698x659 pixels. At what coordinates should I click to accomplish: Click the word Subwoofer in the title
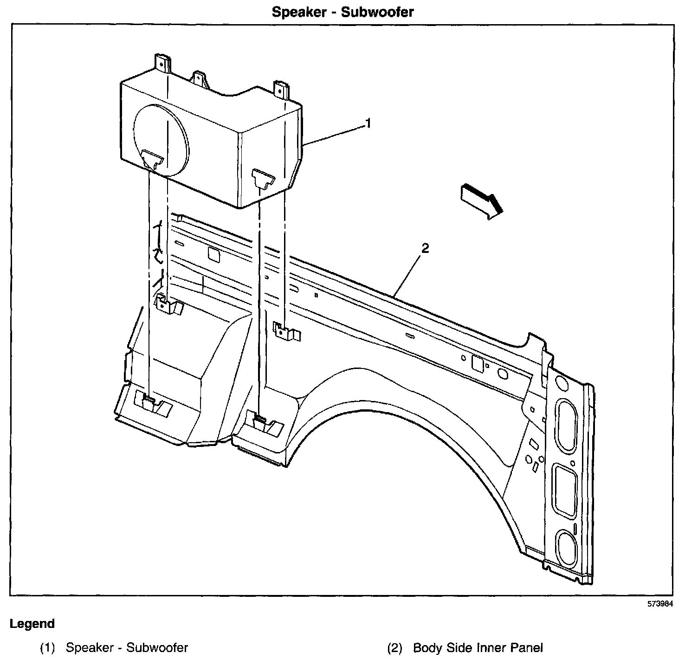(x=377, y=12)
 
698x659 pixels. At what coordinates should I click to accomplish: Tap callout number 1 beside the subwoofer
(x=368, y=123)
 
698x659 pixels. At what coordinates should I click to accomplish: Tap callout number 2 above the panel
(x=425, y=248)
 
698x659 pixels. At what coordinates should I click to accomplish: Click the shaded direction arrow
(x=482, y=201)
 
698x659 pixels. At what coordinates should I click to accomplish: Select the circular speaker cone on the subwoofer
(x=161, y=140)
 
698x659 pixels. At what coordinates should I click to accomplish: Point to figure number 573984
(x=660, y=604)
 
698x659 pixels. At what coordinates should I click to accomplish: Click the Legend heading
(x=32, y=624)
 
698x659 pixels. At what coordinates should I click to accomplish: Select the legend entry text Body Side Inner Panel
(x=478, y=648)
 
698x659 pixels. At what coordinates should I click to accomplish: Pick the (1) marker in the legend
(x=47, y=648)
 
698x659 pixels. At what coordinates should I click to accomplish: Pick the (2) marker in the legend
(x=394, y=648)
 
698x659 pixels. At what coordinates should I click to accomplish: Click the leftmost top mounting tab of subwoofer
(x=163, y=63)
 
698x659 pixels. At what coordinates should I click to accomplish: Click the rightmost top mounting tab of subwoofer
(x=281, y=90)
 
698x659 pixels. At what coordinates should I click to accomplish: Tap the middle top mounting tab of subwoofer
(x=199, y=79)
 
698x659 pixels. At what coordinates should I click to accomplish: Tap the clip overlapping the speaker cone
(x=152, y=159)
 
